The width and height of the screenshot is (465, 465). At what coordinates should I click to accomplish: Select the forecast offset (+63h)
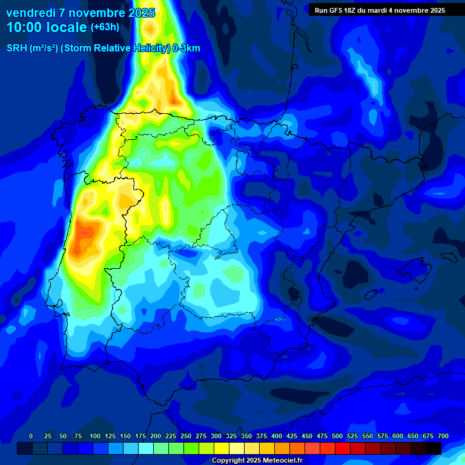105,27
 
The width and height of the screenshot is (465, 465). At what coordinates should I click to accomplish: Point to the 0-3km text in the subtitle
186,48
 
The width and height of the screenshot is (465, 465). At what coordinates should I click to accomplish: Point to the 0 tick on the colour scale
31,436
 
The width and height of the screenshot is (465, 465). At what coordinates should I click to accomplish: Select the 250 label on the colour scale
186,436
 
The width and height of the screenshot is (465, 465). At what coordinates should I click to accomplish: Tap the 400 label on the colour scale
277,436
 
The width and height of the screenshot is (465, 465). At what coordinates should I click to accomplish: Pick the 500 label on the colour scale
337,436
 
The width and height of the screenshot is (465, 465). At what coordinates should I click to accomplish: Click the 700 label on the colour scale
443,436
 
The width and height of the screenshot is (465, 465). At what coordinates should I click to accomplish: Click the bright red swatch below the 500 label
343,449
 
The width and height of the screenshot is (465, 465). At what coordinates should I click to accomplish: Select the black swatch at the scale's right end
434,449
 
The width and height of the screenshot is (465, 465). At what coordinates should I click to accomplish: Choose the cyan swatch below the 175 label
146,449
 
